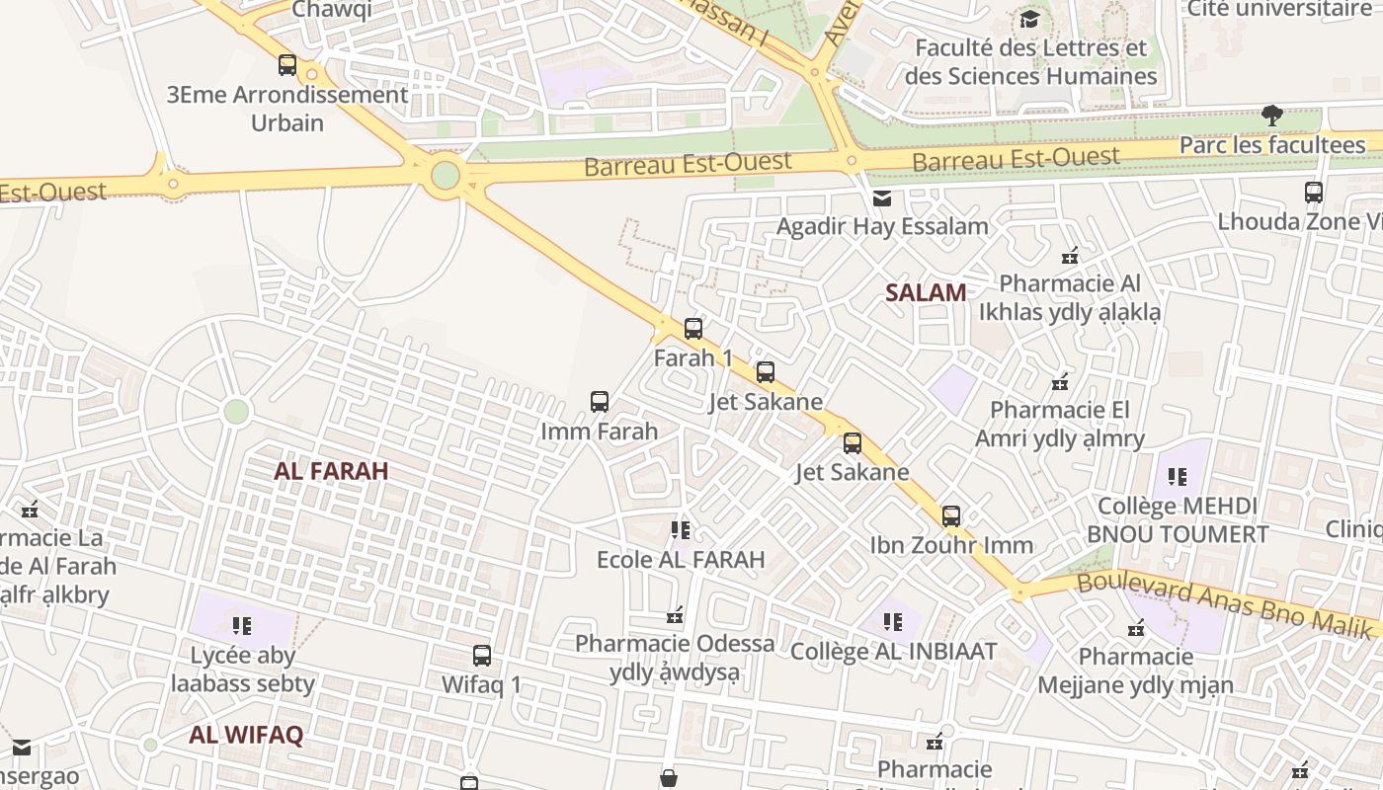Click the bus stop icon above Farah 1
click(x=693, y=329)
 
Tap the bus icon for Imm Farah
click(x=600, y=402)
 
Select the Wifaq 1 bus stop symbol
click(x=482, y=656)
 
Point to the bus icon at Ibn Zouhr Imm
click(x=951, y=515)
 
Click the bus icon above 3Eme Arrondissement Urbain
click(x=287, y=65)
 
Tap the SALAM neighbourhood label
click(x=926, y=292)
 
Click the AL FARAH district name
click(x=331, y=471)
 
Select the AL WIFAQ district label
click(x=246, y=735)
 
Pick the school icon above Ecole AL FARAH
click(x=681, y=530)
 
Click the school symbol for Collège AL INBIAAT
click(x=893, y=622)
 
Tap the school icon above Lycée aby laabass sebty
click(x=243, y=625)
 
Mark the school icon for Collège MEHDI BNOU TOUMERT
click(x=1178, y=477)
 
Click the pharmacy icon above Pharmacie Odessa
click(x=676, y=615)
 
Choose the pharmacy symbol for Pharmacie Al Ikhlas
click(x=1069, y=256)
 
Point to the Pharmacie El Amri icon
click(x=1061, y=381)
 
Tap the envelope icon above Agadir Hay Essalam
click(x=882, y=198)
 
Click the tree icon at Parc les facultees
click(x=1272, y=116)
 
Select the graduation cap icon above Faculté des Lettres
click(x=1030, y=19)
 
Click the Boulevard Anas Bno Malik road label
click(x=1225, y=601)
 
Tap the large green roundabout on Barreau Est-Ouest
click(x=446, y=175)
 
